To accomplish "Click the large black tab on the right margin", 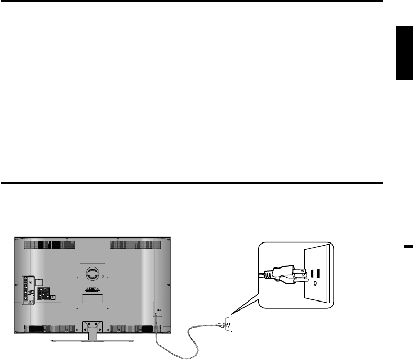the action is pyautogui.click(x=404, y=53).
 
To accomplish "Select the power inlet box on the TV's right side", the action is pyautogui.click(x=157, y=309).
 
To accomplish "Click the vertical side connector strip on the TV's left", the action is pyautogui.click(x=27, y=290).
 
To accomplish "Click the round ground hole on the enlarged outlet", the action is pyautogui.click(x=315, y=283).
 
